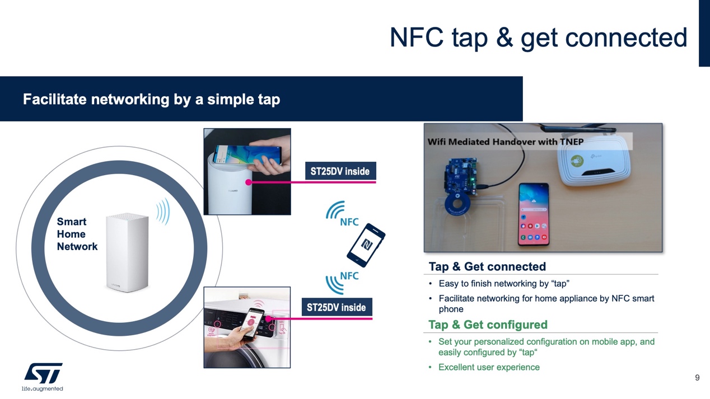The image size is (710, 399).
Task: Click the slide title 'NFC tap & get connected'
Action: point(538,37)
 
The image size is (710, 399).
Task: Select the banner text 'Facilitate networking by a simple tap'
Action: point(151,100)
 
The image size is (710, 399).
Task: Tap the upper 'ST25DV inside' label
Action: point(340,171)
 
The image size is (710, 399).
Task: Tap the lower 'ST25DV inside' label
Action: point(336,307)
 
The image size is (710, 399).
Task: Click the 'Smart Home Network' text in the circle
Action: point(77,234)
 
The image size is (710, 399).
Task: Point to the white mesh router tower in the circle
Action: point(127,252)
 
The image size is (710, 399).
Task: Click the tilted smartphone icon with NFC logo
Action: point(366,245)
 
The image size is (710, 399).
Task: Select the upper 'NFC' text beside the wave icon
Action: point(349,222)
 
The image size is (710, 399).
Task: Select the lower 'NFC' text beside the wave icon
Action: point(349,276)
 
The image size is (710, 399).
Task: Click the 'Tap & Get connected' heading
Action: point(487,266)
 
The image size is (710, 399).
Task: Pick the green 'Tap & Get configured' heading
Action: point(487,325)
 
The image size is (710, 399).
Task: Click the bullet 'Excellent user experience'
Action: point(489,367)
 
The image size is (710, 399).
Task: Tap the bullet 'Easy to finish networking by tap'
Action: point(503,283)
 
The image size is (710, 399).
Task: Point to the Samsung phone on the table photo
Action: point(534,215)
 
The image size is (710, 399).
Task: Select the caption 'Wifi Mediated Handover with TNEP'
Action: point(505,142)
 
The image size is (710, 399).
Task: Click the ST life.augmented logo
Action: point(43,377)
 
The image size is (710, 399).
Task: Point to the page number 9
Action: point(697,378)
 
